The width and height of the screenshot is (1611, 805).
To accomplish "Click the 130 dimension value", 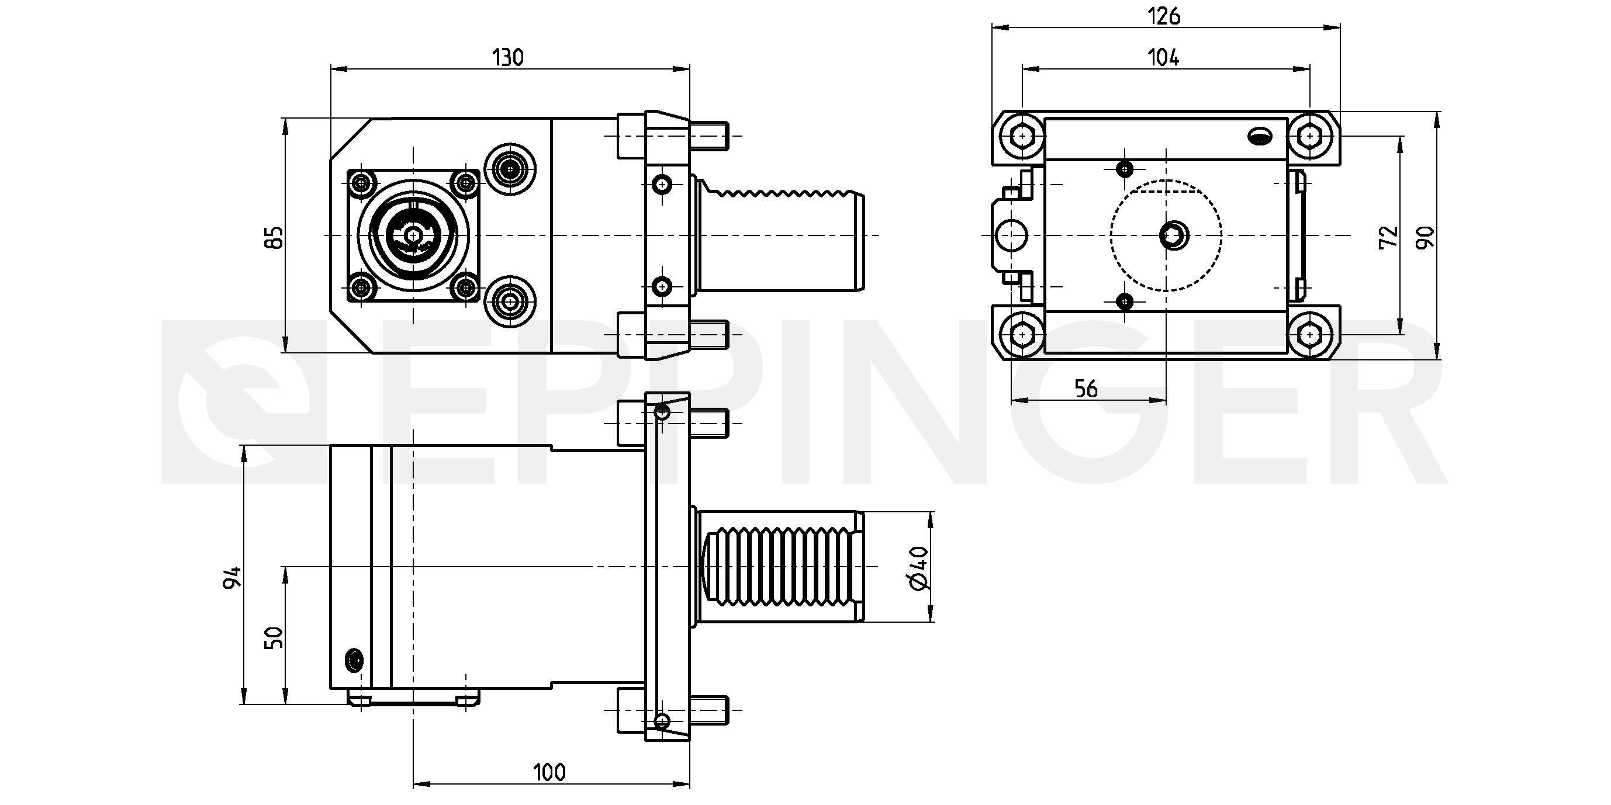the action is [x=508, y=57].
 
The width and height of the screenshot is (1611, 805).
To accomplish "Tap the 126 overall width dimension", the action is [x=1164, y=16].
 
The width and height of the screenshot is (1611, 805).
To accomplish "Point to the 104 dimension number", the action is [x=1164, y=57].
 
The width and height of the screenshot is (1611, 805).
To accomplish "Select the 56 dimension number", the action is [x=1086, y=388].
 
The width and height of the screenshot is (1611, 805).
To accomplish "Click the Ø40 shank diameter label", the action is [x=919, y=567].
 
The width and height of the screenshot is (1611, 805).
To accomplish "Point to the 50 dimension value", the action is [x=274, y=637].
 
